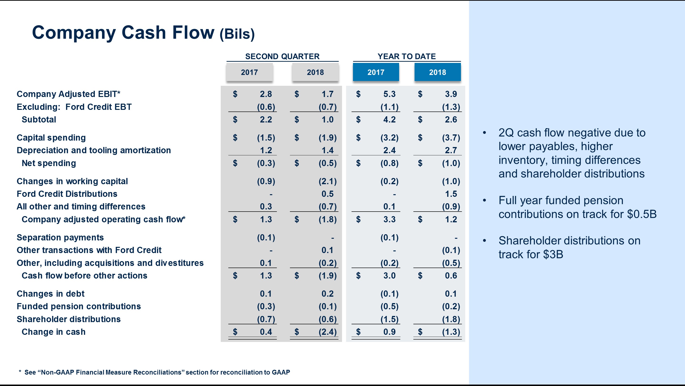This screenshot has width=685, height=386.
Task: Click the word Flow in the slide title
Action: [x=193, y=32]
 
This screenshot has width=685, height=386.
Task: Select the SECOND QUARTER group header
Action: [x=282, y=56]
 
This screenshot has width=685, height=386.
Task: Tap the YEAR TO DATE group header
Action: [x=406, y=56]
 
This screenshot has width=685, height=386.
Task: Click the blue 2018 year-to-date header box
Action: [x=437, y=72]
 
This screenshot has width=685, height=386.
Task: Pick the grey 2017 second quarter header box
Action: [x=250, y=72]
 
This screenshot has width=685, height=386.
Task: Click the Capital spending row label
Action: [x=51, y=138]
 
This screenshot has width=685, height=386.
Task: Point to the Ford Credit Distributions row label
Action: [x=67, y=194]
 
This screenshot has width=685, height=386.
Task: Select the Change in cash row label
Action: [x=54, y=332]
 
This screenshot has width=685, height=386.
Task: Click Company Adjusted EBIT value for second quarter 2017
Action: [x=266, y=94]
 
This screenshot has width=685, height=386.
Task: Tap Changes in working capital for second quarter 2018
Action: [x=328, y=181]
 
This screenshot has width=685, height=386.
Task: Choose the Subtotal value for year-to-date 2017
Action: [x=389, y=120]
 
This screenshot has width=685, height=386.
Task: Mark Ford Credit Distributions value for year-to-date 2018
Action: [x=451, y=194]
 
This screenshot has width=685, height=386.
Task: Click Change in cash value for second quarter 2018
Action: [x=328, y=332]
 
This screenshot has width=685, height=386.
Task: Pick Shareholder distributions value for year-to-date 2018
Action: [x=451, y=319]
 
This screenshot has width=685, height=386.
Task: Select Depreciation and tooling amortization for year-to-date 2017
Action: [x=389, y=150]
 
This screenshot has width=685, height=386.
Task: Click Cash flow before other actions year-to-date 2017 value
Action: [x=389, y=276]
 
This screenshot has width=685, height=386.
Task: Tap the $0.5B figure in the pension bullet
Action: [x=642, y=214]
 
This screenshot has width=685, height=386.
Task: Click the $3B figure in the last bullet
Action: [x=553, y=254]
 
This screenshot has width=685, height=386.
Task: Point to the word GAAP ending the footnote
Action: [x=281, y=372]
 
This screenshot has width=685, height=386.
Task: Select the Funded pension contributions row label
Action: [x=79, y=306]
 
